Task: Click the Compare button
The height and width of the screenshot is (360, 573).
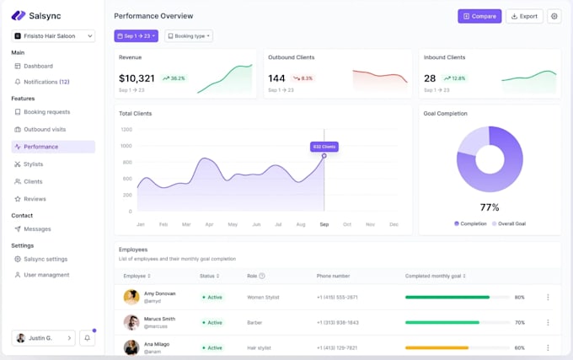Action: (479, 16)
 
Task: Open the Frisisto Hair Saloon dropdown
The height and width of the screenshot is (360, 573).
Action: (53, 36)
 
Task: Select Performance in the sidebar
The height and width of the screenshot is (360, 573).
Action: (41, 147)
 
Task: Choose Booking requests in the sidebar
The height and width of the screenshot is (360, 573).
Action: (46, 112)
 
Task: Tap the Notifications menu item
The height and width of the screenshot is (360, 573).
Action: (46, 82)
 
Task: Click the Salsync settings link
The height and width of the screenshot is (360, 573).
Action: (46, 259)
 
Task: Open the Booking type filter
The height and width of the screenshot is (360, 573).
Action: (189, 36)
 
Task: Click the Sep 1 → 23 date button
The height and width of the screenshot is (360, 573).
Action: (136, 36)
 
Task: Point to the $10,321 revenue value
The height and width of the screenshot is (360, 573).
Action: (137, 78)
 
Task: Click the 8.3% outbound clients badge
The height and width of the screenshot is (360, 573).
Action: (303, 78)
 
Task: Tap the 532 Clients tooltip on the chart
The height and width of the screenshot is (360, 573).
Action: (324, 147)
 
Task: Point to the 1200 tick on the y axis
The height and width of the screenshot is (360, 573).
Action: (126, 130)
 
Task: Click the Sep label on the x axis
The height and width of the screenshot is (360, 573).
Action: (324, 224)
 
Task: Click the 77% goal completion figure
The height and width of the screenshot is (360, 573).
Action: (490, 207)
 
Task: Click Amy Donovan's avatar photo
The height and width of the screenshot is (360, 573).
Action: (131, 297)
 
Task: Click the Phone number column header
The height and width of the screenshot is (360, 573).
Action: (333, 276)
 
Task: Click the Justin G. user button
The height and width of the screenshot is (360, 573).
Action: (43, 338)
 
